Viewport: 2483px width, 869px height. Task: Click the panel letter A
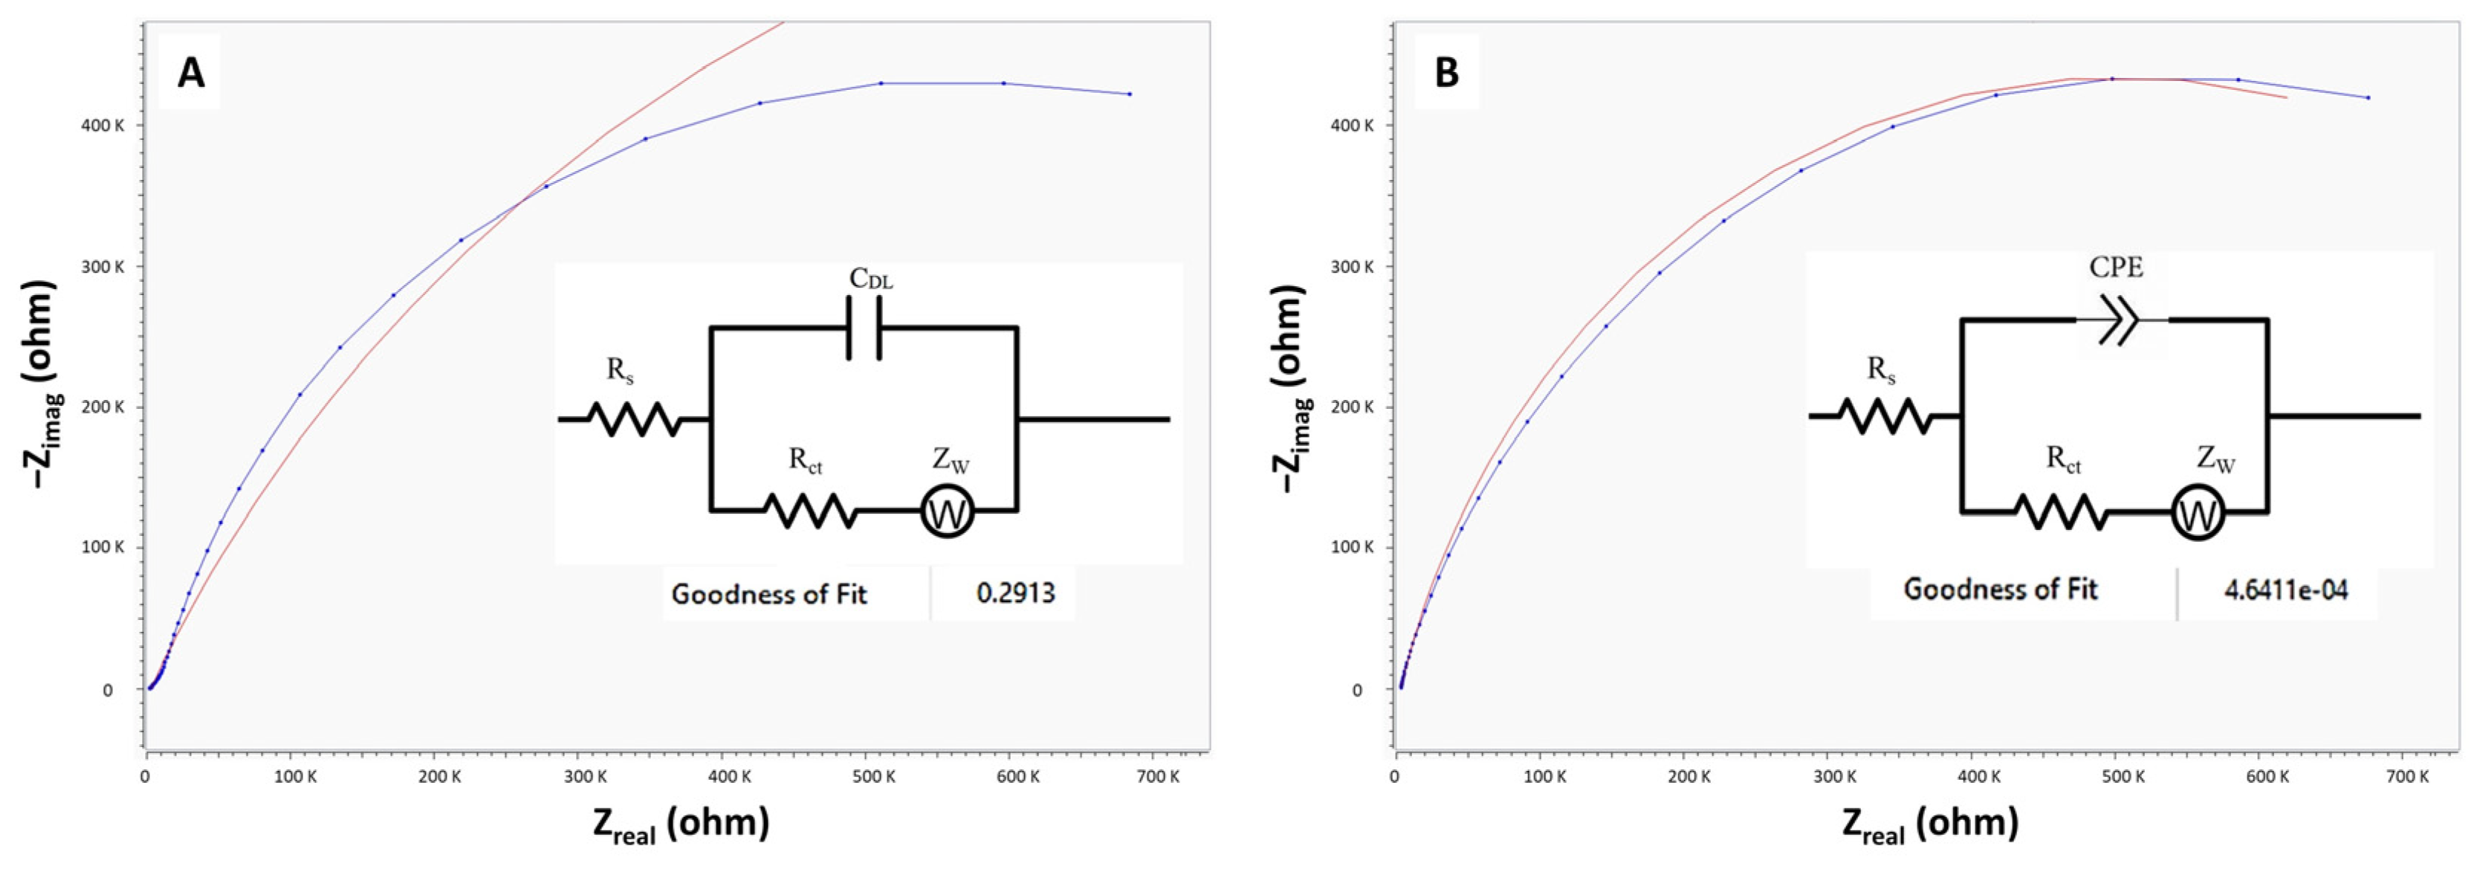190,72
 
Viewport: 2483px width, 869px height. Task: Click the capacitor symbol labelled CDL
864,328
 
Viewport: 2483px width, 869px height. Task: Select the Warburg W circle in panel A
947,512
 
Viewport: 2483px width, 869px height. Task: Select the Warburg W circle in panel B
2198,513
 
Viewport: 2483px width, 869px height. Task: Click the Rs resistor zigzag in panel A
633,419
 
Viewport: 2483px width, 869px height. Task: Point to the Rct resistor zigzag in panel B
2060,511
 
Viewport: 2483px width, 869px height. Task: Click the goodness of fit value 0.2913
1015,592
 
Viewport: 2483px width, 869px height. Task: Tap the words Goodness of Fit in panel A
769,594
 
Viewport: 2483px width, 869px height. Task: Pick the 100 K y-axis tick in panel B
1353,547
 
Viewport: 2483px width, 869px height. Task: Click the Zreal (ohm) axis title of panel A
682,824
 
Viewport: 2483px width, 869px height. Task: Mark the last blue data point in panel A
1130,94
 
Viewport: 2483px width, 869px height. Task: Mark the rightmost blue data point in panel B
2369,97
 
